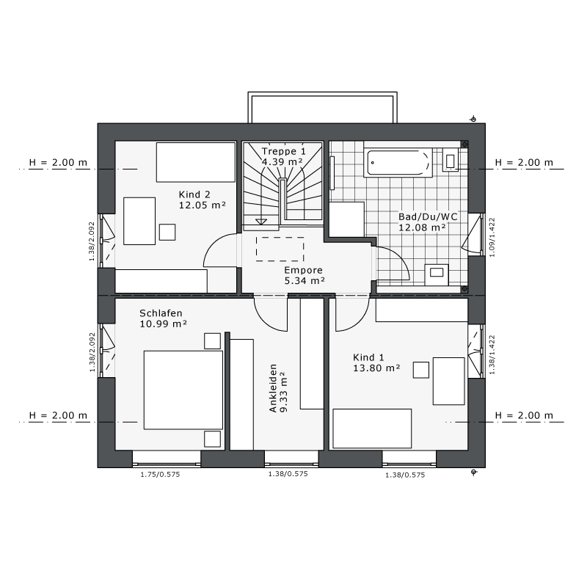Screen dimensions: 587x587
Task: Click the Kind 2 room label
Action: pos(194,194)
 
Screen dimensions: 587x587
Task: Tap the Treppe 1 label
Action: pos(284,151)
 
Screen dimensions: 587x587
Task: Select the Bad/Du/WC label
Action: pos(428,216)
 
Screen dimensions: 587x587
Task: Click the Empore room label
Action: pos(303,270)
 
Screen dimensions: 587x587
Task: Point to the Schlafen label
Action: pos(161,313)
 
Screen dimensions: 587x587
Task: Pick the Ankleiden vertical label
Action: pos(273,388)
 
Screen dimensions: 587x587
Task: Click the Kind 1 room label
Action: pos(368,357)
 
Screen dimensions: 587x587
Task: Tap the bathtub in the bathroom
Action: pos(398,162)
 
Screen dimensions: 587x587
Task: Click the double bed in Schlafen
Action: pos(183,390)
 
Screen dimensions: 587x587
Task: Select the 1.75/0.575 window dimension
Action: pos(160,475)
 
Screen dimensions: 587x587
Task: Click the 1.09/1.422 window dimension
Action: pos(492,237)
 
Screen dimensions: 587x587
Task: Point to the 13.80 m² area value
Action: pos(376,368)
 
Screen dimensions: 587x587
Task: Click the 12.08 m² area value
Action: pos(422,227)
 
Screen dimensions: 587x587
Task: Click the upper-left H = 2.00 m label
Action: pos(58,162)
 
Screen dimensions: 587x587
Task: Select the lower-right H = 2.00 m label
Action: pos(524,415)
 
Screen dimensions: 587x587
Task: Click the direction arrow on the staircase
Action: pos(261,222)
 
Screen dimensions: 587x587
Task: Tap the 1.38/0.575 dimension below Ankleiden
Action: pos(288,474)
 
